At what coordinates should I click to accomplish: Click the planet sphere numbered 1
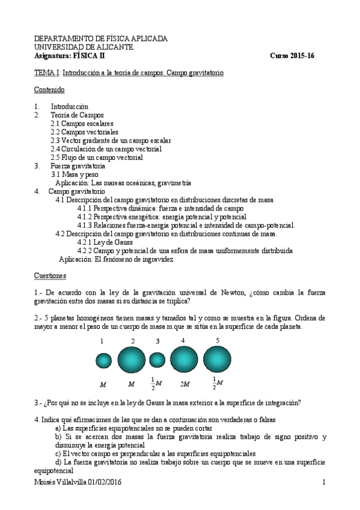(103, 361)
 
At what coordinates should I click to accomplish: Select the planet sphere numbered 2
(131, 360)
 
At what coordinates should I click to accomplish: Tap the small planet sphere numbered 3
(157, 360)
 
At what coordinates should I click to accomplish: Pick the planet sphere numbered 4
(184, 360)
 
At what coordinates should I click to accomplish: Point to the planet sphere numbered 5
(218, 360)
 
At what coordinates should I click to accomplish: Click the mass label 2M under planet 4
(185, 382)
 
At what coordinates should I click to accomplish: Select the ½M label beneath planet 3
(156, 382)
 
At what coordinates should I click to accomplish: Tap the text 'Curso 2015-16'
(292, 55)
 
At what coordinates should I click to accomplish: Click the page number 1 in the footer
(323, 482)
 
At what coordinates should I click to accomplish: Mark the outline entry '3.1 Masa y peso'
(77, 173)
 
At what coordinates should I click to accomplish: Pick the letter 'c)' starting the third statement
(58, 453)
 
